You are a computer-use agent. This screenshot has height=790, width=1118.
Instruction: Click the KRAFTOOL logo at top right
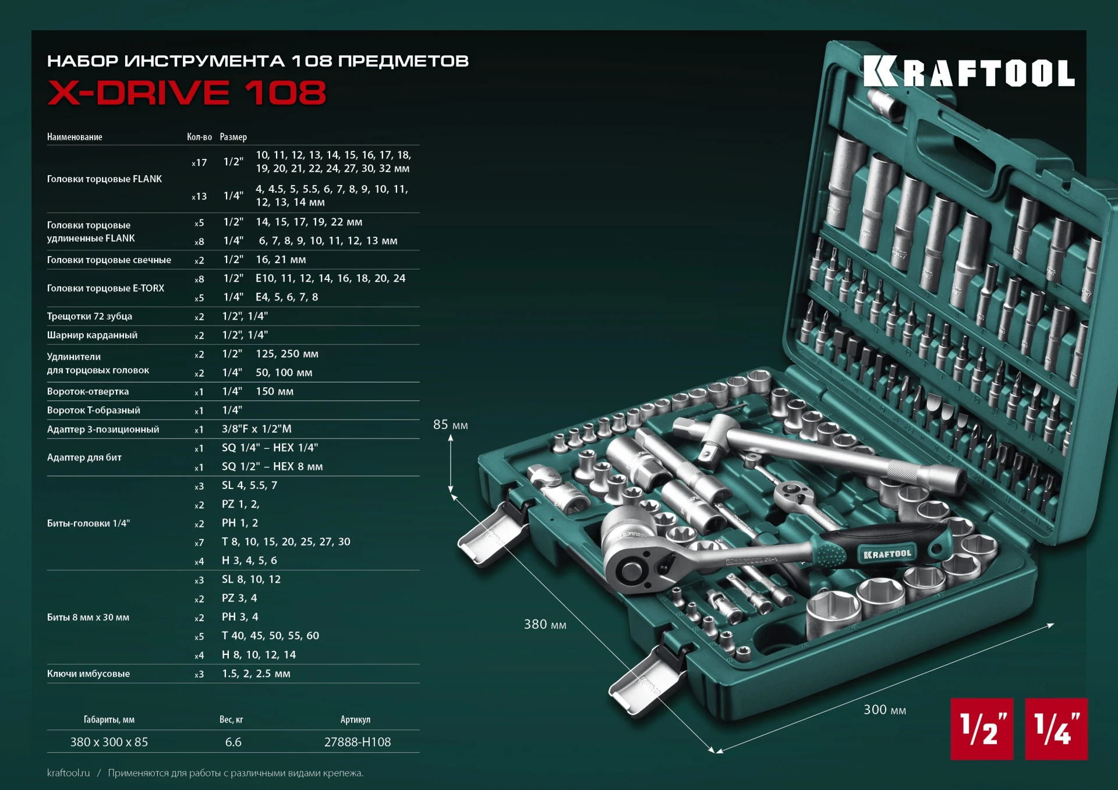(x=969, y=72)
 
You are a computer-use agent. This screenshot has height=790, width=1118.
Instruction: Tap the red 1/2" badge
(x=982, y=729)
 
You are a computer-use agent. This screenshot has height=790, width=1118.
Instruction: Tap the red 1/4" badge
(x=1056, y=729)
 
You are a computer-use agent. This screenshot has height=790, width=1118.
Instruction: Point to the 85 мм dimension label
(x=450, y=425)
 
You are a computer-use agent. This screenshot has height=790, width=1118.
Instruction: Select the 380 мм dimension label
(x=545, y=625)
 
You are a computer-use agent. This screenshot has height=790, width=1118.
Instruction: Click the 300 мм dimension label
(x=885, y=710)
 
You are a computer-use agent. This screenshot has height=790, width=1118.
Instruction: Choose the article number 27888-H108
(x=358, y=742)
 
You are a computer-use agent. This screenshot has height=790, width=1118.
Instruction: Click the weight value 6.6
(x=233, y=742)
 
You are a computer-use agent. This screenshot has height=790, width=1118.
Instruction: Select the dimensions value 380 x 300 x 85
(x=109, y=742)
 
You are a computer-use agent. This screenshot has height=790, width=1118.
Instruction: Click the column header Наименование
(x=75, y=137)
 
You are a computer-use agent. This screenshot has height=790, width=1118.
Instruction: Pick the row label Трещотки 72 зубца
(x=90, y=316)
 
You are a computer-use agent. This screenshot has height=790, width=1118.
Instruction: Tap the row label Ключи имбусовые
(x=89, y=674)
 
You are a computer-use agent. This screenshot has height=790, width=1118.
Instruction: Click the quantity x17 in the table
(x=199, y=162)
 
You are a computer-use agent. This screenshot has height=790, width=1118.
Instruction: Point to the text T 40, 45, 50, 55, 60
(x=270, y=636)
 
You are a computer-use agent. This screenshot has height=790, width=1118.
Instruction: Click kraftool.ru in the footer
(x=69, y=773)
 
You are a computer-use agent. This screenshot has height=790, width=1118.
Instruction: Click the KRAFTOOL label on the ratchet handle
(x=887, y=554)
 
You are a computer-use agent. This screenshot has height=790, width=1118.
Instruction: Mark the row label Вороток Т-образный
(x=94, y=410)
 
